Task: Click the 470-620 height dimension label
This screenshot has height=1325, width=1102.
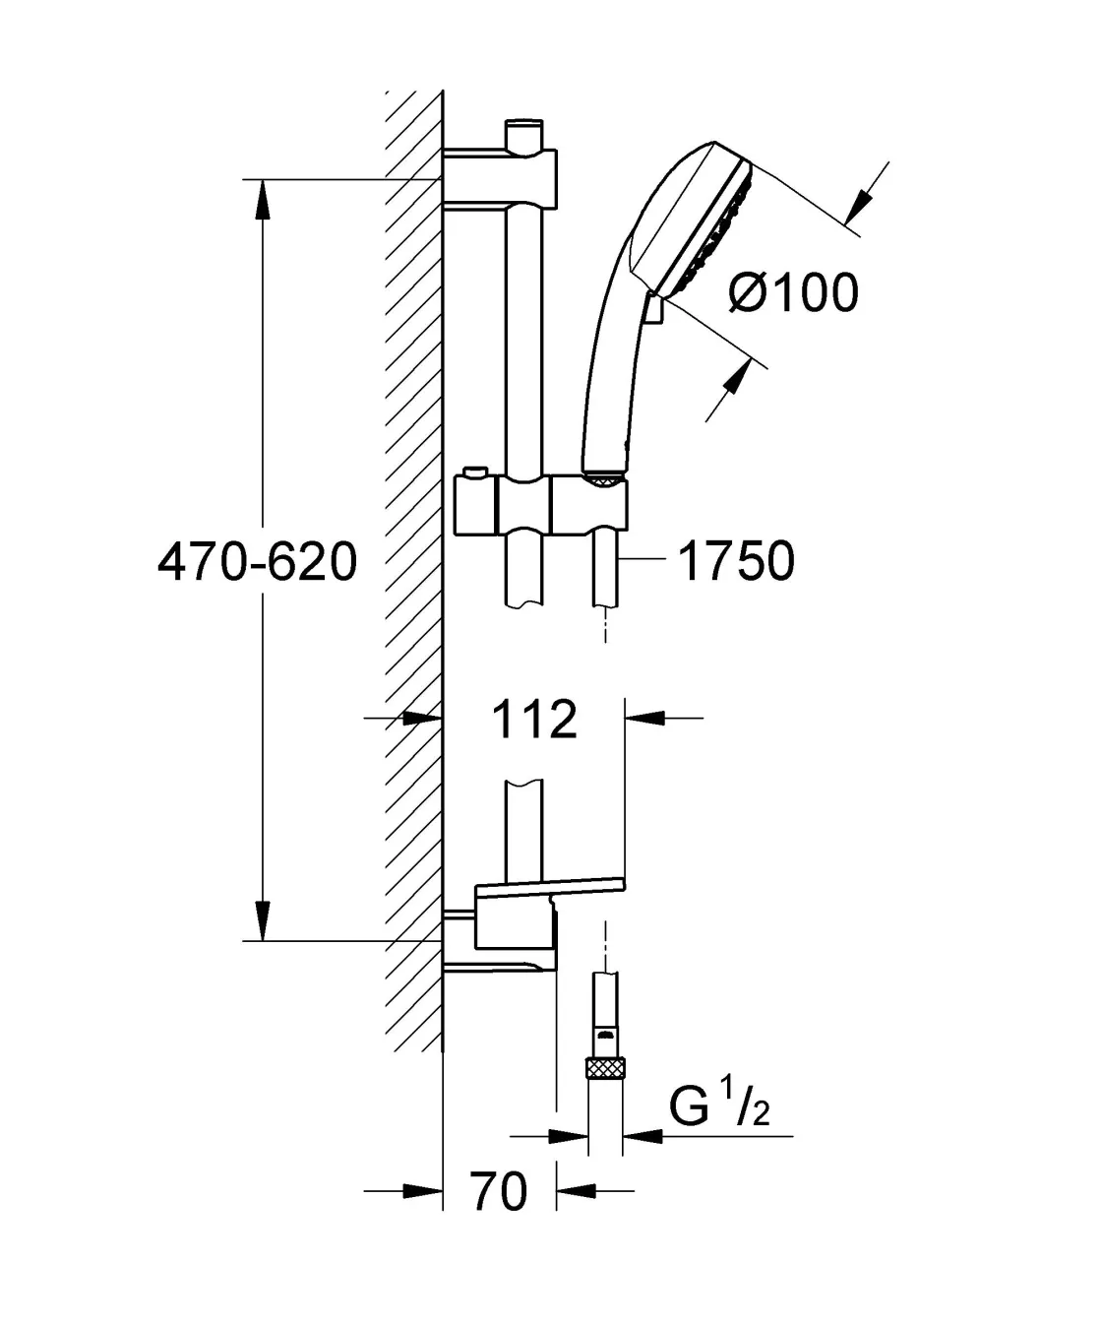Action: point(257,562)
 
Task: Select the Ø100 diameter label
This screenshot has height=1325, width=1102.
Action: point(793,292)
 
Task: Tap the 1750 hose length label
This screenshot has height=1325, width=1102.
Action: point(736,562)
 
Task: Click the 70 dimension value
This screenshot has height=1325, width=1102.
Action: point(500,1192)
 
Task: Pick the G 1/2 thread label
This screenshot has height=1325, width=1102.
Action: point(719,1108)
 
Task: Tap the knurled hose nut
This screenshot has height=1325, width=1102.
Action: point(605,1067)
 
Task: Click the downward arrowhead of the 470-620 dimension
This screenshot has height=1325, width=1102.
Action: point(263,919)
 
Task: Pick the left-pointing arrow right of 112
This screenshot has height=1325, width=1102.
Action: point(645,719)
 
